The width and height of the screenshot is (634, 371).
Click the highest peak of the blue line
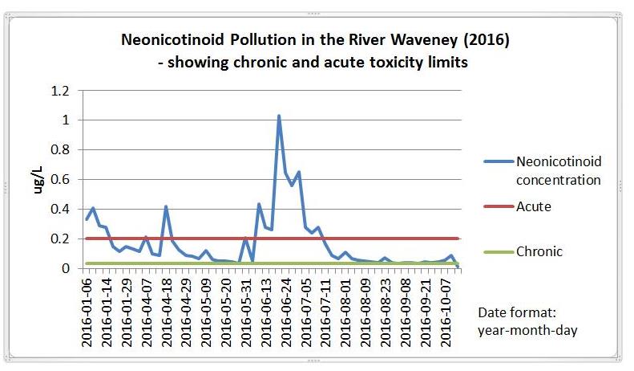pyautogui.click(x=279, y=116)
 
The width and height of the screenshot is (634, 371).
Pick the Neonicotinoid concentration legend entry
pyautogui.click(x=543, y=170)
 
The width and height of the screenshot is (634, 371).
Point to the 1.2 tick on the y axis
pyautogui.click(x=60, y=91)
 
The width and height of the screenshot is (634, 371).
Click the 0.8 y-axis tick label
pyautogui.click(x=60, y=150)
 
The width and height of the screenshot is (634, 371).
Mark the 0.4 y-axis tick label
pyautogui.click(x=60, y=209)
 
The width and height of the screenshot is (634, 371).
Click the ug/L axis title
pyautogui.click(x=38, y=180)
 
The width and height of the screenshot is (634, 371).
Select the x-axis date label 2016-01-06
pyautogui.click(x=87, y=312)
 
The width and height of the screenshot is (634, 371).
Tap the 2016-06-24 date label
pyautogui.click(x=286, y=312)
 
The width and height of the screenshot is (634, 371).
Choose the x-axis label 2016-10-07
pyautogui.click(x=445, y=312)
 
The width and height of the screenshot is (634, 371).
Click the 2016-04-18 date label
pyautogui.click(x=167, y=312)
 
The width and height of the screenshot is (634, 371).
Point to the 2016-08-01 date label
pyautogui.click(x=345, y=312)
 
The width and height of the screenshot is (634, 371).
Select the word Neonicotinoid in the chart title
pyautogui.click(x=172, y=39)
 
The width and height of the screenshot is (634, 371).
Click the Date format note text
pyautogui.click(x=527, y=321)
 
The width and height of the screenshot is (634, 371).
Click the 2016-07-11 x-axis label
pyautogui.click(x=326, y=312)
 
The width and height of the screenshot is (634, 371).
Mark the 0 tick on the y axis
pyautogui.click(x=66, y=268)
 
